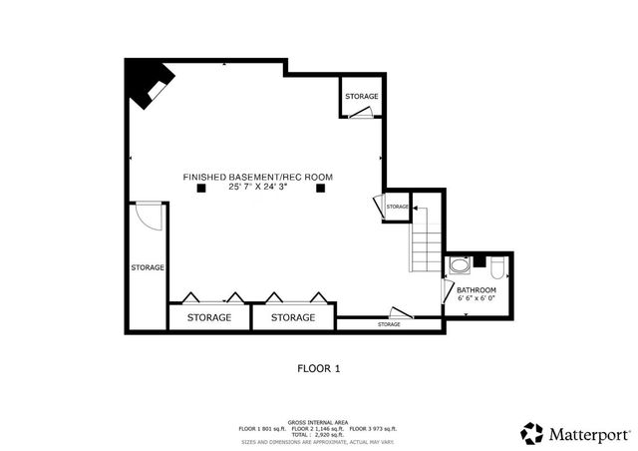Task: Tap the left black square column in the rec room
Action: [x=200, y=188]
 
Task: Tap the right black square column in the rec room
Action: [x=321, y=188]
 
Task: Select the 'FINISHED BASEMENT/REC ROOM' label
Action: [x=257, y=177]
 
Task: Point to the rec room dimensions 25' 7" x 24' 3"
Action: [x=257, y=187]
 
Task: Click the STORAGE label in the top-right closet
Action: [x=362, y=97]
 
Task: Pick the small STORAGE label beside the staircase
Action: [x=398, y=207]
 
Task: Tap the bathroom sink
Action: [x=459, y=265]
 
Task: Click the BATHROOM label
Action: [x=477, y=289]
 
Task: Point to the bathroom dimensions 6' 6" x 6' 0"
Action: [x=477, y=298]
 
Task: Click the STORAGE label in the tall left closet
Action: [x=148, y=267]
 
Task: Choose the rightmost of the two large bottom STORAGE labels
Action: [x=292, y=317]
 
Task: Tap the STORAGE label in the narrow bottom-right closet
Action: [x=389, y=324]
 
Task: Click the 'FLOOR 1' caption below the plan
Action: [x=319, y=368]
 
